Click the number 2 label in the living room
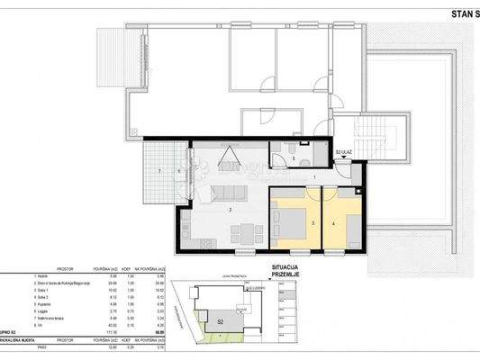[231, 210]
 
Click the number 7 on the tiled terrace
[159, 170]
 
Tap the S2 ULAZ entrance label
[344, 154]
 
